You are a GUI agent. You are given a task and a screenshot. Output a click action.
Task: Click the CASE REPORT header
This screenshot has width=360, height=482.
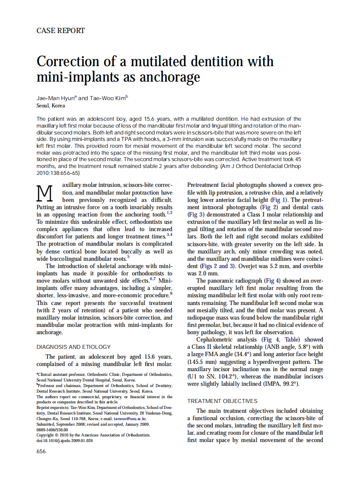tap(61, 31)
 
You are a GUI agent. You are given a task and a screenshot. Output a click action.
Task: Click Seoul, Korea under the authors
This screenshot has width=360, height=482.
tap(51, 105)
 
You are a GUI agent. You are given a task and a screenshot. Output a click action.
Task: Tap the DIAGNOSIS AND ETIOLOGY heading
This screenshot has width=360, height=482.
tap(73, 347)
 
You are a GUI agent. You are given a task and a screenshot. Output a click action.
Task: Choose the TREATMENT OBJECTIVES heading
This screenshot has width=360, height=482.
tap(222, 401)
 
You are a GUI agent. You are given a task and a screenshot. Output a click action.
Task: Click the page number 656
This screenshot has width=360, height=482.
tap(41, 451)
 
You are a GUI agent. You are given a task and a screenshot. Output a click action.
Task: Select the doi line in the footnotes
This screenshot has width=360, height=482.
tap(64, 440)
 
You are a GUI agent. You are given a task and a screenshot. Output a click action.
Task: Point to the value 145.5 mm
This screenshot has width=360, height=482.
tap(203, 362)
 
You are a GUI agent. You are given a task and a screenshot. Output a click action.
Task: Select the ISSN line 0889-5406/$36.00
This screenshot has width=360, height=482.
tap(52, 429)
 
